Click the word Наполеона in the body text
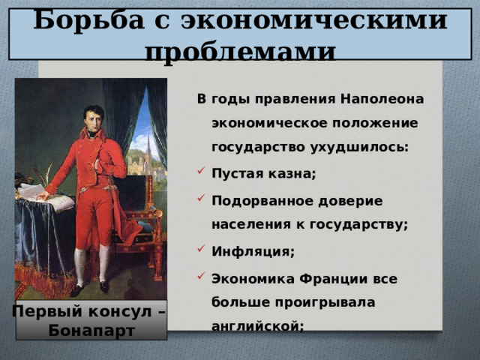[382, 99]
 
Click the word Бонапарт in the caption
[90, 330]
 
